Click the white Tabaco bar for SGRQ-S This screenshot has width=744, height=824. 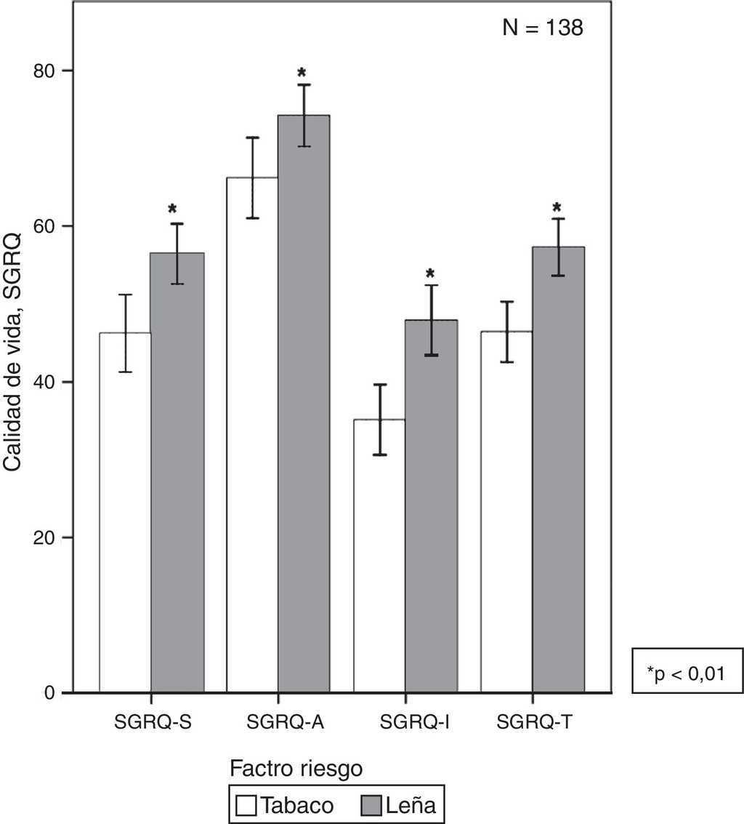point(125,509)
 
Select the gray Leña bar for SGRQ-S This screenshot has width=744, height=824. point(177,473)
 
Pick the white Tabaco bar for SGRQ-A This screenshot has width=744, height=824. point(252,436)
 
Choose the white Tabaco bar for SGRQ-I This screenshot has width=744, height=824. point(379,553)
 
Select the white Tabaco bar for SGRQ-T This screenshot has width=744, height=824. point(506,509)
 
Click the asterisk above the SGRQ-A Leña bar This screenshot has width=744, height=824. point(302,73)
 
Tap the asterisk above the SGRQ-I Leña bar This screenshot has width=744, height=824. point(430,274)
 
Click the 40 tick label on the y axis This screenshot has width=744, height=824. point(44,382)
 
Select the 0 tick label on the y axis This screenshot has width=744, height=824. point(49,693)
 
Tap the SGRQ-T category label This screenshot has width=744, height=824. point(534,723)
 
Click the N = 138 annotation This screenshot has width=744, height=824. point(543,28)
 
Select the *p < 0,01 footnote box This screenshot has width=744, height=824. point(687,671)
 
